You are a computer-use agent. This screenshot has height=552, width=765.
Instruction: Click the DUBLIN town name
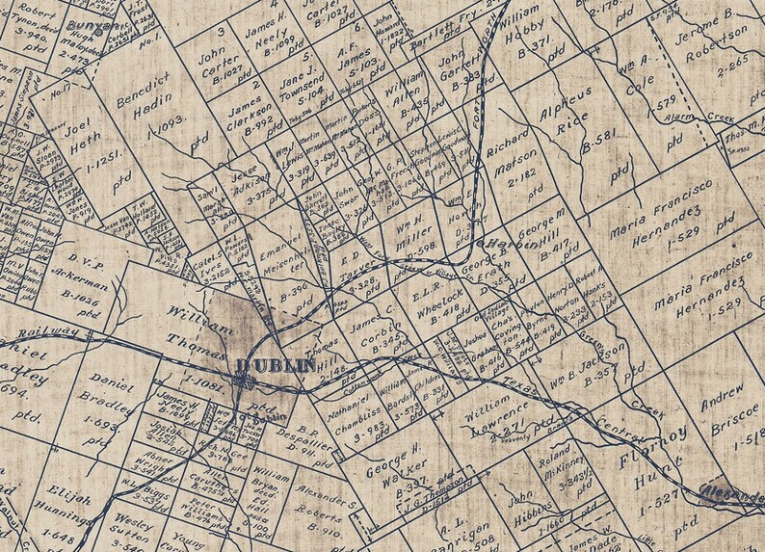pyautogui.click(x=276, y=366)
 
